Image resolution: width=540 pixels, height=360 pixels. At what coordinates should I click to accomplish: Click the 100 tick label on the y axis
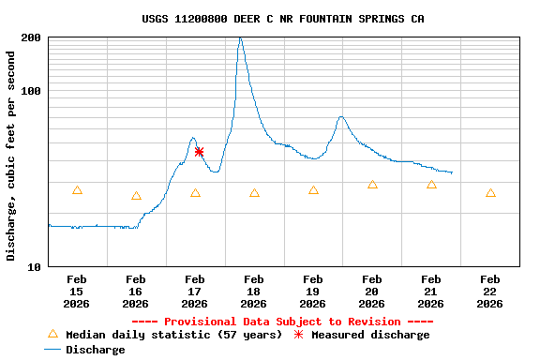[x=31, y=91]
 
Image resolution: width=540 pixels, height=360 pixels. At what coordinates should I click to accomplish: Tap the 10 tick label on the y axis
[x=35, y=267]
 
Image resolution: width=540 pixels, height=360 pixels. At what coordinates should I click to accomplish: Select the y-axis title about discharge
[x=11, y=156]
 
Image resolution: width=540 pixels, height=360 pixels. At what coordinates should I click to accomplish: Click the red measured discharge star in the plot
[x=199, y=151]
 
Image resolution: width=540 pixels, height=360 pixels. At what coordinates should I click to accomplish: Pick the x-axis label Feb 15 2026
[x=77, y=291]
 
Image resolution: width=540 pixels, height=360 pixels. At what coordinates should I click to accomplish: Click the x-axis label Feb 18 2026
[x=253, y=291]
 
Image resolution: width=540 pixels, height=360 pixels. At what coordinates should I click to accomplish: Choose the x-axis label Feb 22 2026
[x=489, y=291]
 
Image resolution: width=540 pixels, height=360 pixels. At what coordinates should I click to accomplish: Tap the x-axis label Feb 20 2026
[x=371, y=291]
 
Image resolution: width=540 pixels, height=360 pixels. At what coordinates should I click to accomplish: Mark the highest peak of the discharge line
[x=240, y=38]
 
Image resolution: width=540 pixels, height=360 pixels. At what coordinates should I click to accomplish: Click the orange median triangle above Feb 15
[x=77, y=190]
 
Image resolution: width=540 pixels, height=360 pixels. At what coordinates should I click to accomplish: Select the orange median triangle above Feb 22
[x=490, y=193]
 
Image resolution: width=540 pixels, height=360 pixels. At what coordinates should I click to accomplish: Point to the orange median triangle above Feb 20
[x=372, y=185]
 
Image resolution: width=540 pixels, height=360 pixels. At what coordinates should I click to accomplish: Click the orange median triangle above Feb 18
[x=254, y=193]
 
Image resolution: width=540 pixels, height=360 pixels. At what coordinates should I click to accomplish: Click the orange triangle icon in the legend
[x=52, y=334]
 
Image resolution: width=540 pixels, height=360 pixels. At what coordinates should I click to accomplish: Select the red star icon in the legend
[x=299, y=335]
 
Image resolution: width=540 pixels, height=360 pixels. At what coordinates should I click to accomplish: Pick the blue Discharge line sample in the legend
[x=52, y=350]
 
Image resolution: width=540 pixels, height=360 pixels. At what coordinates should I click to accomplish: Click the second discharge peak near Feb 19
[x=341, y=117]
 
